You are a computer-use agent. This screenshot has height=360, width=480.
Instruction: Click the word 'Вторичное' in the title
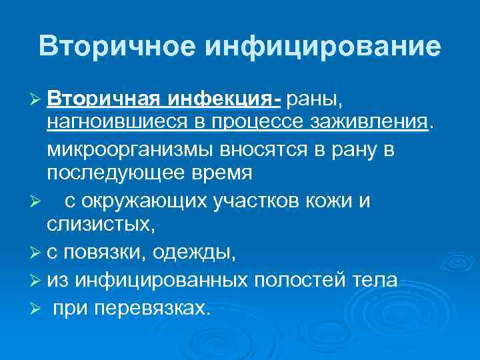point(115,46)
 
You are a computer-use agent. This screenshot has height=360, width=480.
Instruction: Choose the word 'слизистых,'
point(101,225)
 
